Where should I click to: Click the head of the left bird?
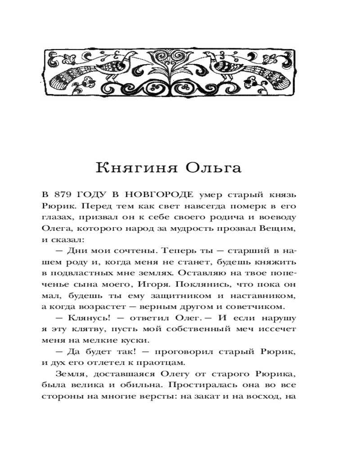pyautogui.click(x=133, y=54)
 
